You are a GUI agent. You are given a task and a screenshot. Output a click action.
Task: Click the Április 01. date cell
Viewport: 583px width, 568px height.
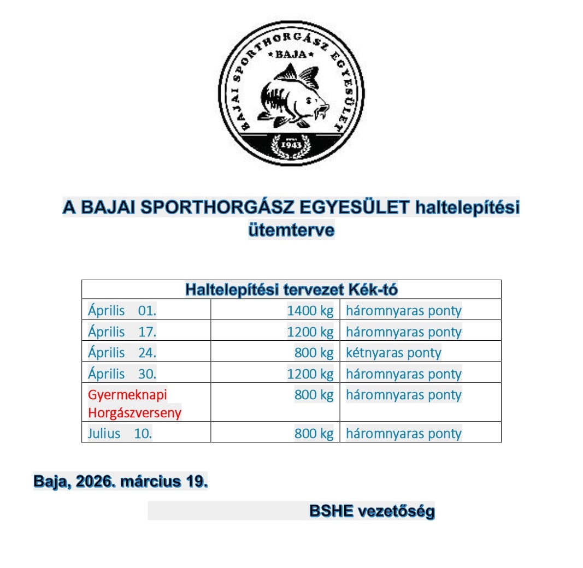[x=122, y=311]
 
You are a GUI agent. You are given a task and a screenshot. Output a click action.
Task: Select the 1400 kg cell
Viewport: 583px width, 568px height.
[x=310, y=311]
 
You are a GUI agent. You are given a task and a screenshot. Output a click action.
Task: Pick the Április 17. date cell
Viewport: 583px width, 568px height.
[x=122, y=332]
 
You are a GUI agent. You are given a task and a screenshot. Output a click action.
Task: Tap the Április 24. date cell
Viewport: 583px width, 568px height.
[x=122, y=353]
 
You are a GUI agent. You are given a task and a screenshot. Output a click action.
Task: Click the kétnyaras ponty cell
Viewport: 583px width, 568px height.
[x=393, y=353]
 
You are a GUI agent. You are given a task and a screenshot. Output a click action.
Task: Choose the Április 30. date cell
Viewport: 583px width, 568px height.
[x=122, y=374]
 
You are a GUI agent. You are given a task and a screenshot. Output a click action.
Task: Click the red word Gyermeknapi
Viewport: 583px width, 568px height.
[x=127, y=394]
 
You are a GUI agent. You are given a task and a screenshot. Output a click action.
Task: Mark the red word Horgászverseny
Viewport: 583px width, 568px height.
[x=134, y=412]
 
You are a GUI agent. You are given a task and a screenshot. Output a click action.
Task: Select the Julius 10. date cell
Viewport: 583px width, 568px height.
[x=120, y=434]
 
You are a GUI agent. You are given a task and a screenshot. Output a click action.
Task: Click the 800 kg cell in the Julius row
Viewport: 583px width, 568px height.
[x=314, y=434]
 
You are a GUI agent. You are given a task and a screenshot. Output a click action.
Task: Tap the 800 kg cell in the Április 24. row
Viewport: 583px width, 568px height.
[x=314, y=353]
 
